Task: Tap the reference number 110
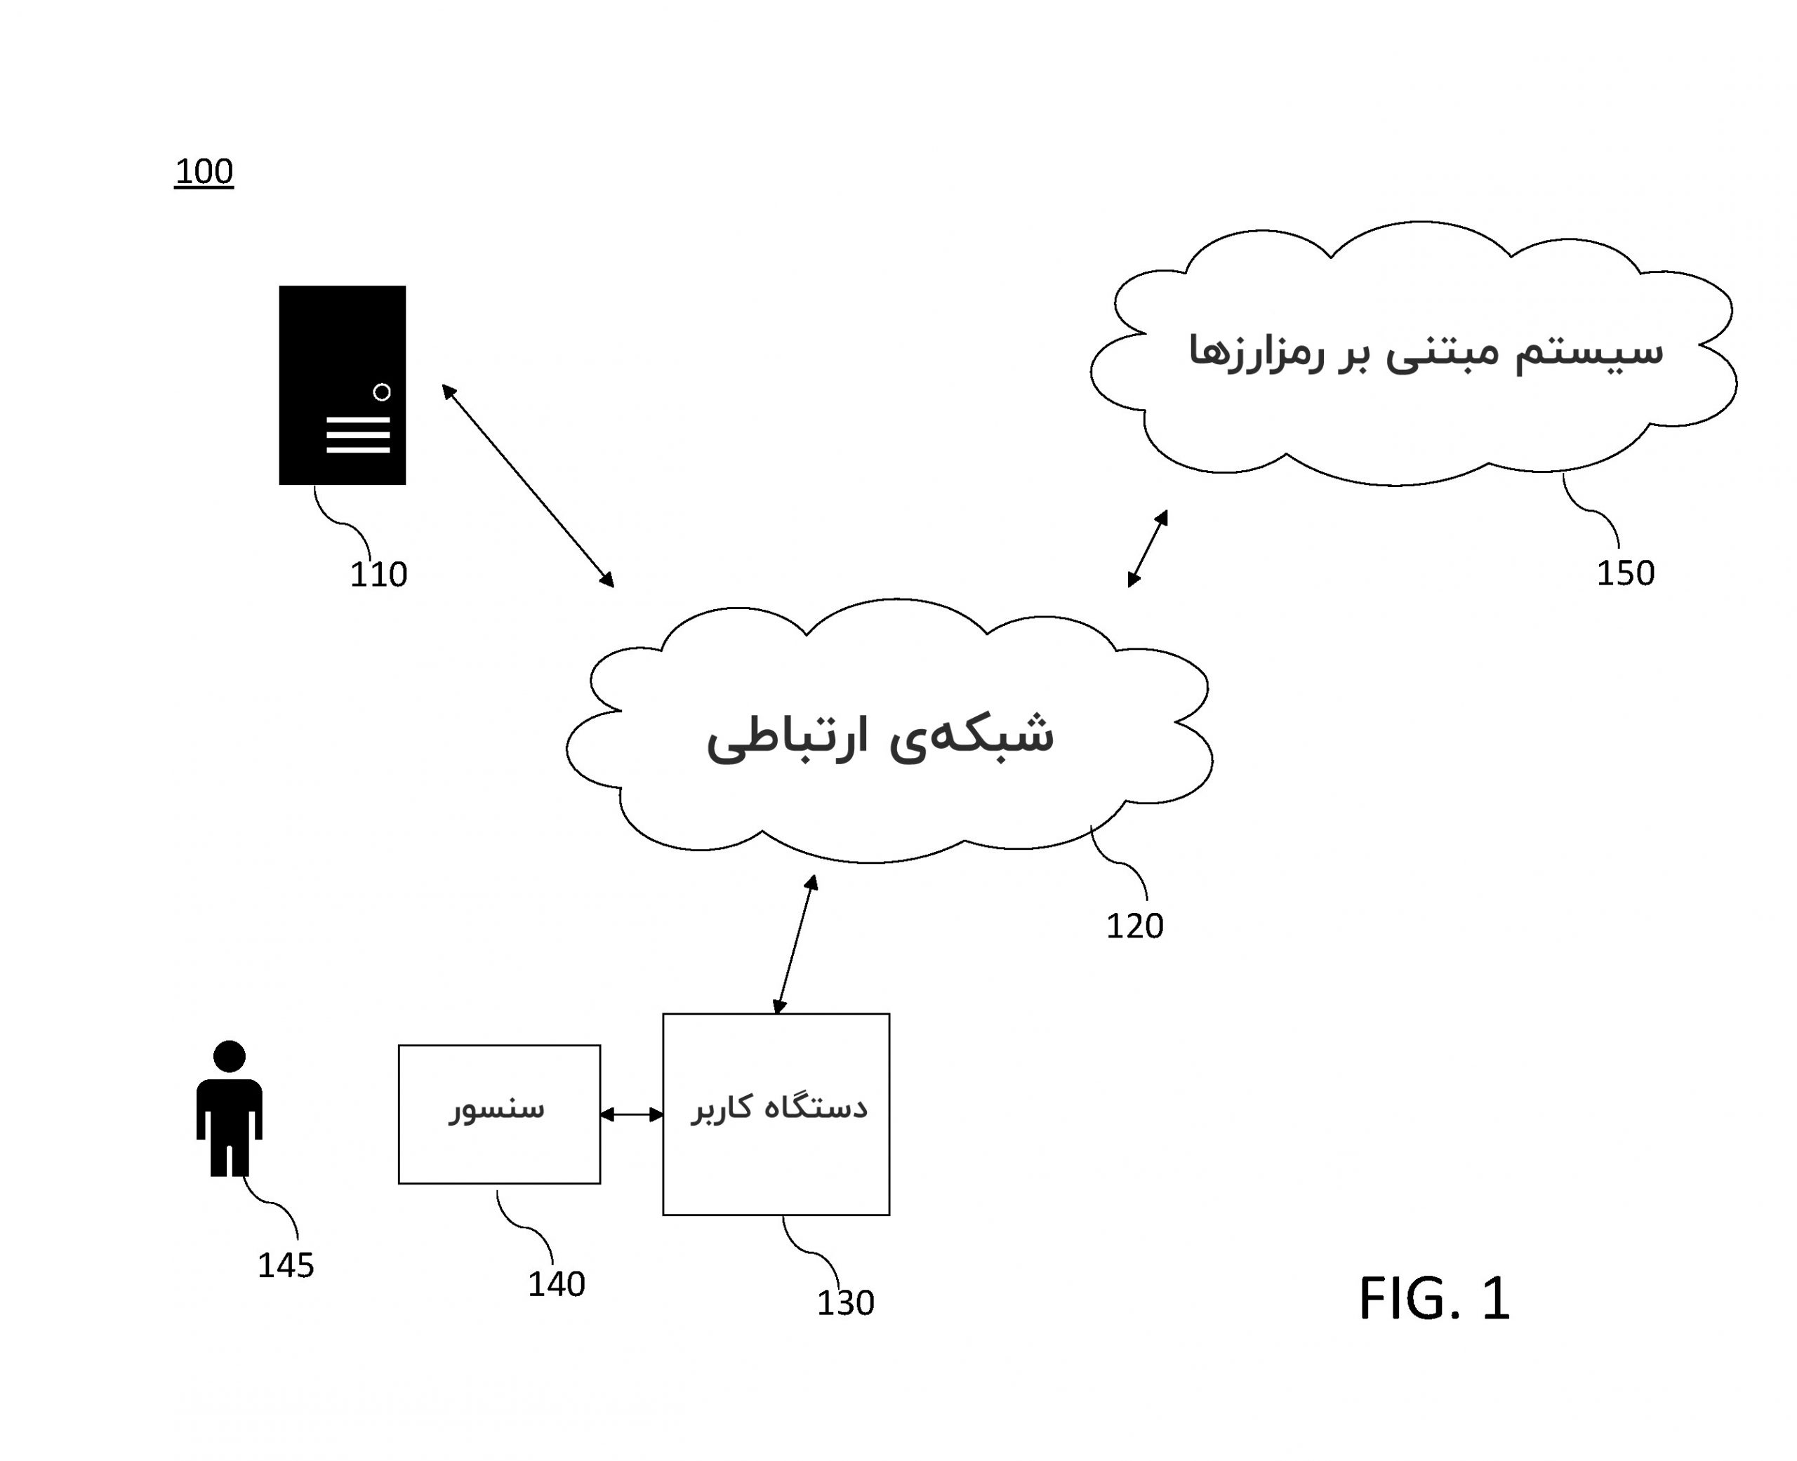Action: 378,574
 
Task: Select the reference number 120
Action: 1134,926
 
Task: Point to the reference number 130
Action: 845,1302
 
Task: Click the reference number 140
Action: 555,1283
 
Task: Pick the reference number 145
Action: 285,1265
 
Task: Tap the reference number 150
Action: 1624,573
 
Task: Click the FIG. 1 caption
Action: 1433,1299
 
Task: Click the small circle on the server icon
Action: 381,392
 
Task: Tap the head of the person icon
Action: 229,1056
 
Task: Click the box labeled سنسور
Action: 499,1114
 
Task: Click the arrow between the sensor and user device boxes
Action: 631,1114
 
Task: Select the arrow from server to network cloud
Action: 528,486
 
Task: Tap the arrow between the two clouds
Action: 1147,548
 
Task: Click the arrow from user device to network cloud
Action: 795,945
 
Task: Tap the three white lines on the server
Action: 358,434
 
